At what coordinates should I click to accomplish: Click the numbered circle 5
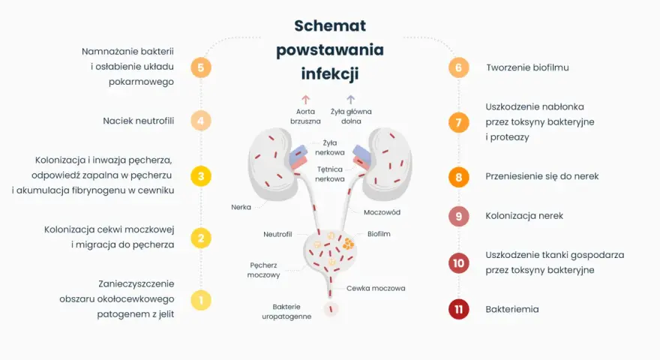click(x=201, y=67)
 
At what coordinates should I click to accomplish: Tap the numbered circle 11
click(x=458, y=309)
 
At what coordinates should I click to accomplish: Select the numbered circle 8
click(x=458, y=177)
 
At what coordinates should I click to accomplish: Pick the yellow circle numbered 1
click(x=201, y=300)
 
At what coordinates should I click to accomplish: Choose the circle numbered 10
click(x=458, y=263)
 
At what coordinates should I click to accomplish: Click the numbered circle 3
click(x=201, y=176)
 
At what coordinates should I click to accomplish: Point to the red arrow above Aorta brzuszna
click(x=305, y=100)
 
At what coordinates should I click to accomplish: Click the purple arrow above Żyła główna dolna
click(x=351, y=100)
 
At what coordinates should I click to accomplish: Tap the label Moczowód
click(x=382, y=212)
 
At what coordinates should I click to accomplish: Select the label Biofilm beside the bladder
click(x=379, y=234)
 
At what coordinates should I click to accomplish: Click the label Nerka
click(x=241, y=207)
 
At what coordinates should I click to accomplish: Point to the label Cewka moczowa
click(x=376, y=289)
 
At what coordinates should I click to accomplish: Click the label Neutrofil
click(x=277, y=234)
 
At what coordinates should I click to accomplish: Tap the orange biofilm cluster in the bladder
click(x=348, y=243)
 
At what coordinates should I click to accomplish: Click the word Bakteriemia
click(x=511, y=309)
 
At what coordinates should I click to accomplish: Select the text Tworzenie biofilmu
click(x=527, y=67)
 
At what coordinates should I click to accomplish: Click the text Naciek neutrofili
click(x=139, y=121)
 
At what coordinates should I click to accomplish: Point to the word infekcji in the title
click(x=330, y=74)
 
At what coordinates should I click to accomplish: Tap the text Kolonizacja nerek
click(x=524, y=215)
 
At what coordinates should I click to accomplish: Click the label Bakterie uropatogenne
click(x=286, y=311)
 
